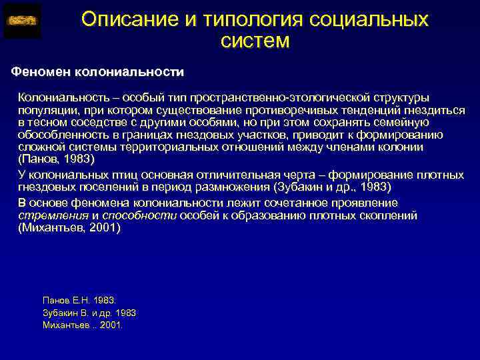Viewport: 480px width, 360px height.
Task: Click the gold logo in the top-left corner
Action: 21,21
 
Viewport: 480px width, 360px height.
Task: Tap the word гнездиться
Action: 434,111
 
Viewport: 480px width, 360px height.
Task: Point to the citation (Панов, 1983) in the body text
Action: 57,160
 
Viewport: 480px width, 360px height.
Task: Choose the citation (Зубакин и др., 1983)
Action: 321,187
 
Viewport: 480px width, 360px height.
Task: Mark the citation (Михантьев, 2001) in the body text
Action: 69,227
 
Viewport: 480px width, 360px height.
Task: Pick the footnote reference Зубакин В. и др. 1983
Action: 89,313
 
